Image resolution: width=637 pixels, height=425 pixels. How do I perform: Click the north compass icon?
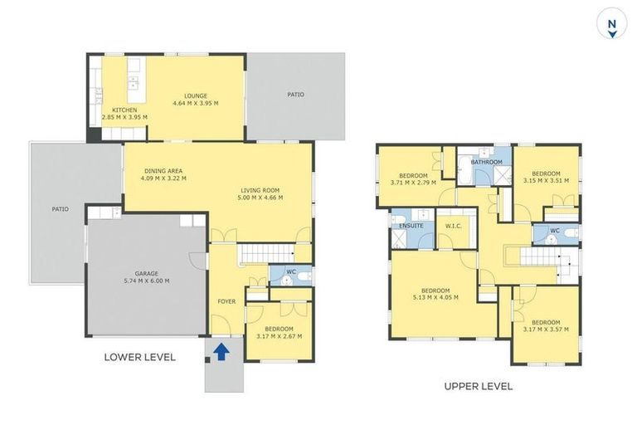tap(611, 25)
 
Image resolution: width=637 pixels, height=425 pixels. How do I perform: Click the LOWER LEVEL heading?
tap(139, 358)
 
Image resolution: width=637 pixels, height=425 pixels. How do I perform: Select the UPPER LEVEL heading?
tap(478, 386)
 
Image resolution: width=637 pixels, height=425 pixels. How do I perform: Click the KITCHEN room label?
tap(124, 110)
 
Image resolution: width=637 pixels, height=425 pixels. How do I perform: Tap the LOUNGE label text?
tap(196, 95)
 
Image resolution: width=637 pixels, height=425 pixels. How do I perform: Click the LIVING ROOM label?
tap(261, 189)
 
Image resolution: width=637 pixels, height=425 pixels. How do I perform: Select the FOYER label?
tap(226, 301)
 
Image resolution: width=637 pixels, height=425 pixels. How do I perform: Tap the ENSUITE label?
tap(411, 225)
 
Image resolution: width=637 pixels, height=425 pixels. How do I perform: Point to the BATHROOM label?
tap(487, 162)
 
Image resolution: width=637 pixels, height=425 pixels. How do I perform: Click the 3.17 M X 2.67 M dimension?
tap(279, 336)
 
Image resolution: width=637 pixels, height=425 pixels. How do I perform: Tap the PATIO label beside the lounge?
tap(295, 95)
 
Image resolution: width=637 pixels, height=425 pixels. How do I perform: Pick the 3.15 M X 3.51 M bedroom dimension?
tap(546, 180)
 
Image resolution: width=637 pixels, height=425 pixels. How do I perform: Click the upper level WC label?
tap(554, 230)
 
